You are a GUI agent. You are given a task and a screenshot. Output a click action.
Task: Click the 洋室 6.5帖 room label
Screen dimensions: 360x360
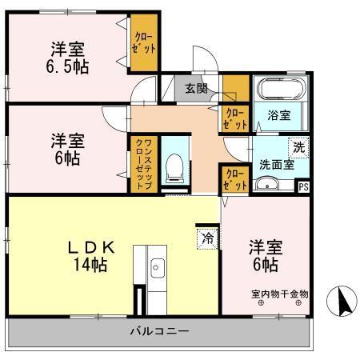pyautogui.click(x=67, y=58)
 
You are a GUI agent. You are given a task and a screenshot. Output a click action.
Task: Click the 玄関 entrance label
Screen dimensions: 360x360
pyautogui.click(x=196, y=88)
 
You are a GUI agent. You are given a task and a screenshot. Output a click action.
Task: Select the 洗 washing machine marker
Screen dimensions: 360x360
pyautogui.click(x=298, y=147)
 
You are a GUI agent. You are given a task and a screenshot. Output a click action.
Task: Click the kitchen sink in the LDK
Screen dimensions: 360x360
pyautogui.click(x=157, y=268)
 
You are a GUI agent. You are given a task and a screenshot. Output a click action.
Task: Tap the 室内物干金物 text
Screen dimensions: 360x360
pyautogui.click(x=279, y=294)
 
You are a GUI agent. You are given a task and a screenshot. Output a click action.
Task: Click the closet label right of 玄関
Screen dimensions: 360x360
pyautogui.click(x=234, y=118)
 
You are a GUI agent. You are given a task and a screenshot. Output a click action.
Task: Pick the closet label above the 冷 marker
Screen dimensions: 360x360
pyautogui.click(x=234, y=179)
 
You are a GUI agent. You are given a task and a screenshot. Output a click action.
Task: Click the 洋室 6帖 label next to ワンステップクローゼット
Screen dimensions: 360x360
pyautogui.click(x=67, y=149)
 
